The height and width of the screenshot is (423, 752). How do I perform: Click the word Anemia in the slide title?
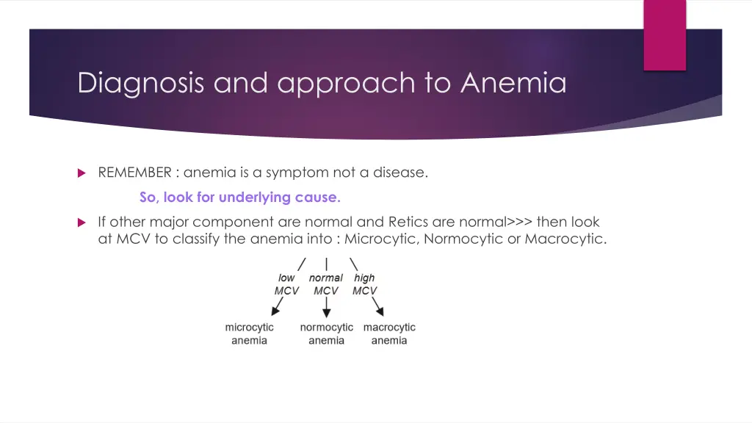click(x=513, y=83)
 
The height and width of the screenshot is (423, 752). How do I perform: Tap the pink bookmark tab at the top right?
click(x=665, y=35)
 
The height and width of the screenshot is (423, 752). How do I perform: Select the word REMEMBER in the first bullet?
click(x=134, y=173)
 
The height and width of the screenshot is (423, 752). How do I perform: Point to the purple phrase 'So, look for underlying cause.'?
click(x=240, y=198)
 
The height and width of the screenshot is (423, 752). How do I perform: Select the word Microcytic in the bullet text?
click(x=379, y=239)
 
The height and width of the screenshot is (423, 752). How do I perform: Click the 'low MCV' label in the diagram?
click(x=286, y=284)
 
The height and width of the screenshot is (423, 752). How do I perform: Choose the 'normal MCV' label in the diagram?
click(x=325, y=284)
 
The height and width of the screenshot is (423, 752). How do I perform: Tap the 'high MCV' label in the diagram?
click(x=364, y=284)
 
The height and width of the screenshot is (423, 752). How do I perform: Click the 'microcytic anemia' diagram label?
click(x=249, y=334)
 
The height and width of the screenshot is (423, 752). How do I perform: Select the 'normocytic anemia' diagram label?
click(x=326, y=334)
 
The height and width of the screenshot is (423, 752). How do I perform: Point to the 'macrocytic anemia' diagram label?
click(x=389, y=334)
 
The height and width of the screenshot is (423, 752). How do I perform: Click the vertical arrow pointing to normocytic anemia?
click(x=326, y=308)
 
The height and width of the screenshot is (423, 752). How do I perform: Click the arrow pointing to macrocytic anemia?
click(x=377, y=308)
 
